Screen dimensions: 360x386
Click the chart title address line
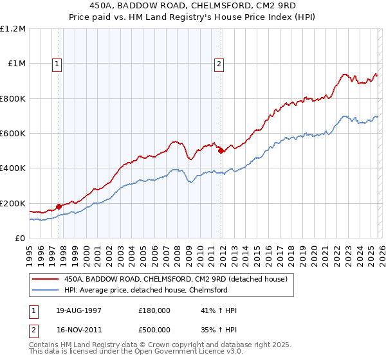point(193,6)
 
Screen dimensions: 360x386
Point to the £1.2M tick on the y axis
point(13,29)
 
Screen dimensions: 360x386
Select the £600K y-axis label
point(13,134)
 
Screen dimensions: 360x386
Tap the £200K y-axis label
point(13,203)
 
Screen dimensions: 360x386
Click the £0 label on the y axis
point(21,239)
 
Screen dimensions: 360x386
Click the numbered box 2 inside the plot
point(220,63)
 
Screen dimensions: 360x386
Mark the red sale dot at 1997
point(59,206)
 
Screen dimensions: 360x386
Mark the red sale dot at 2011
point(221,151)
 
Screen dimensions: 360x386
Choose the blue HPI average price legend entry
point(142,290)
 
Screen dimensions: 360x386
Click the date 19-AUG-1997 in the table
point(78,310)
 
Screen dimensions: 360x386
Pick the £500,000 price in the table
point(154,328)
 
